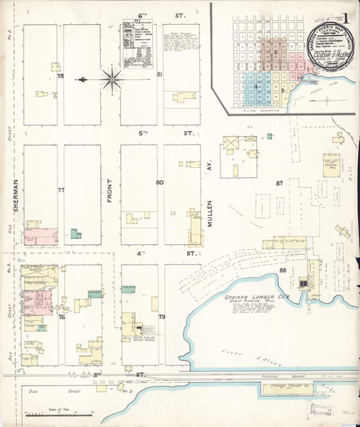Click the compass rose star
tap(112, 78)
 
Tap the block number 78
tap(60, 75)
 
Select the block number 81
tap(160, 75)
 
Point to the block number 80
tap(160, 182)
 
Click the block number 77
tap(61, 190)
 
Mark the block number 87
tap(280, 183)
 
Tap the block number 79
tap(162, 317)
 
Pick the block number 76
tap(61, 317)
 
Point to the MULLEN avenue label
tap(211, 211)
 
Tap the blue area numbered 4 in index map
tap(255, 86)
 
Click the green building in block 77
tap(75, 233)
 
